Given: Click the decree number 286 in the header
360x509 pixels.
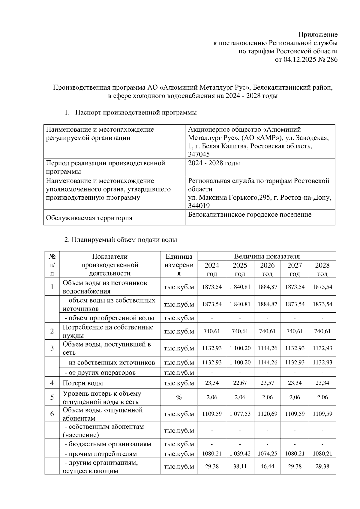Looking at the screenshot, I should pyautogui.click(x=331, y=59).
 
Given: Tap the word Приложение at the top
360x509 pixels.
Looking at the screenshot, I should pyautogui.click(x=318, y=34).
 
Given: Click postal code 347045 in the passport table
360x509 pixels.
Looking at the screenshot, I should pyautogui.click(x=199, y=154).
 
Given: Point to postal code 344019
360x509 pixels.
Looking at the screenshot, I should pyautogui.click(x=199, y=206).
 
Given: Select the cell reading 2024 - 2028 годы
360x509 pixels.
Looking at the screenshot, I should pyautogui.click(x=214, y=163).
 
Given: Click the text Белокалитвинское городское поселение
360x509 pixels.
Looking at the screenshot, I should pyautogui.click(x=250, y=215).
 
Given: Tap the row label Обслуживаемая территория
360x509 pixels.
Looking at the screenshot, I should pyautogui.click(x=89, y=218).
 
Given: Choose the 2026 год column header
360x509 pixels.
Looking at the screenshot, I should pyautogui.click(x=267, y=269).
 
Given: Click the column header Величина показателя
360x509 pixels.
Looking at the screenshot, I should pyautogui.click(x=267, y=256).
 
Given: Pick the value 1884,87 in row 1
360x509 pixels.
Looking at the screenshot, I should pyautogui.click(x=267, y=287).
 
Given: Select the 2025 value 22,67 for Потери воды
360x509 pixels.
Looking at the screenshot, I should pyautogui.click(x=240, y=383).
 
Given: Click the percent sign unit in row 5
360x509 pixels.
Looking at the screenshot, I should pyautogui.click(x=179, y=397).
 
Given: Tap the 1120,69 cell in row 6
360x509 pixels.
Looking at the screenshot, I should pyautogui.click(x=267, y=414).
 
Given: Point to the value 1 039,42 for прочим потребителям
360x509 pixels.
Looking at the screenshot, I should pyautogui.click(x=240, y=454).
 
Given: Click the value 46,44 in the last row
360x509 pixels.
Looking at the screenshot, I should pyautogui.click(x=267, y=466).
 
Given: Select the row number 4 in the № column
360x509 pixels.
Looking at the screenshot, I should pyautogui.click(x=52, y=383).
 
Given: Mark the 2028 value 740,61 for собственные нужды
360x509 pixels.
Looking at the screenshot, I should pyautogui.click(x=322, y=331).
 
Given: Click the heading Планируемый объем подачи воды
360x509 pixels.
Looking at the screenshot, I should pyautogui.click(x=121, y=240).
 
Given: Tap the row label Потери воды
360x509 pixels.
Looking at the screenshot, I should pyautogui.click(x=83, y=383).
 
